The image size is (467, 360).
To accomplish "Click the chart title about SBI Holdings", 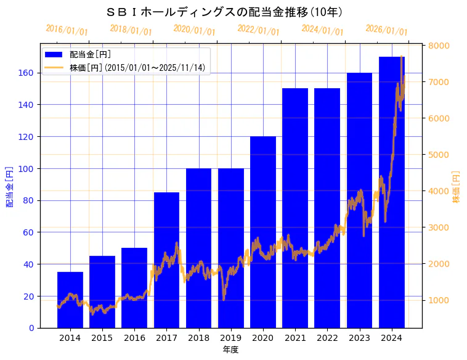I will pos(224,12).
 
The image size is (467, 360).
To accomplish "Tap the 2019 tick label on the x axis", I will pos(231,338).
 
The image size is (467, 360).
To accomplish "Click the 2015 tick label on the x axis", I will pos(102,338).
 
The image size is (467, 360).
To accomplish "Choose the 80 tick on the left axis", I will pos(30,200).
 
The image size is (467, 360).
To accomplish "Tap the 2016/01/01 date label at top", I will pos(67,30).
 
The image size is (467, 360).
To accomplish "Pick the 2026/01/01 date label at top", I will pos(386,30).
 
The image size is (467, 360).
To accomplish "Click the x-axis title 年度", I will pos(230,350).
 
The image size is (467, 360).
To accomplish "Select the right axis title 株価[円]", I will pos(457,187).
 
